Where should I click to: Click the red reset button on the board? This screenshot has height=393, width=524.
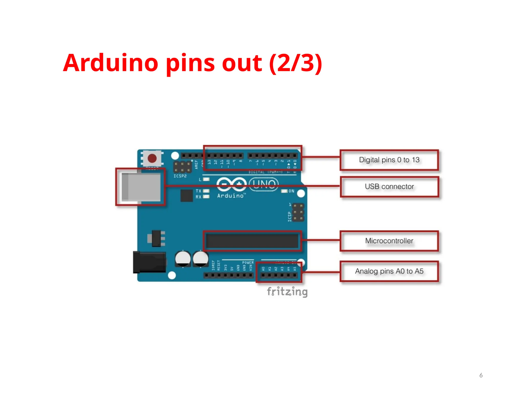(152, 158)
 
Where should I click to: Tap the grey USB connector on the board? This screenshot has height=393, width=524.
(141, 187)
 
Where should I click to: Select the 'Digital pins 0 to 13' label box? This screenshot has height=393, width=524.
(389, 160)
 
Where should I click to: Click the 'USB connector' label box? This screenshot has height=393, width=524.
(389, 187)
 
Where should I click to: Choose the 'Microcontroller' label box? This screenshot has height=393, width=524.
(389, 241)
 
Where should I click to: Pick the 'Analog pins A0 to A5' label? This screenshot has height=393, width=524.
(389, 271)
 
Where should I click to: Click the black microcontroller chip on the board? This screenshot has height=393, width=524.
(252, 241)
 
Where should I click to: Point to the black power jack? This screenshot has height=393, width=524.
(149, 262)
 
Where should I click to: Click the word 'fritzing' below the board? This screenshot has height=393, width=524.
(287, 292)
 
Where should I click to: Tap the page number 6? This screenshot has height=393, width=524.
(481, 375)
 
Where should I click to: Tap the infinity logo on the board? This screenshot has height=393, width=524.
(231, 184)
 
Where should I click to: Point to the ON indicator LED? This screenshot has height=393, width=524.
(284, 191)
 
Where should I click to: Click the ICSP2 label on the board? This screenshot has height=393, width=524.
(180, 176)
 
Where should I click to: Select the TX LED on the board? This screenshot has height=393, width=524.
(206, 191)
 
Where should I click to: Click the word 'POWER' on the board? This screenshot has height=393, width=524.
(248, 263)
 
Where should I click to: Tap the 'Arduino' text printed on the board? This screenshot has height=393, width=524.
(230, 196)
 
